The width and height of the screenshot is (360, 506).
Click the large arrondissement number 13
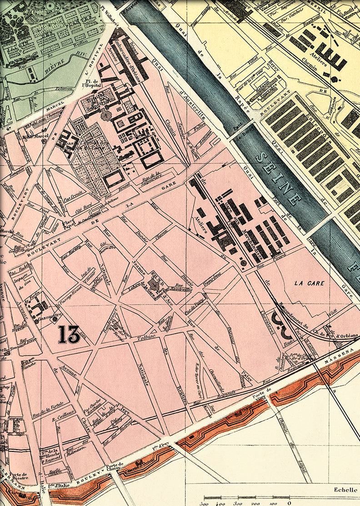69,334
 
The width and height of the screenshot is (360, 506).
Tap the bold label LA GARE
309,283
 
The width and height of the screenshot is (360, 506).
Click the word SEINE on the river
279,179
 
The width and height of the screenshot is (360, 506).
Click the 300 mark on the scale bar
205,503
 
